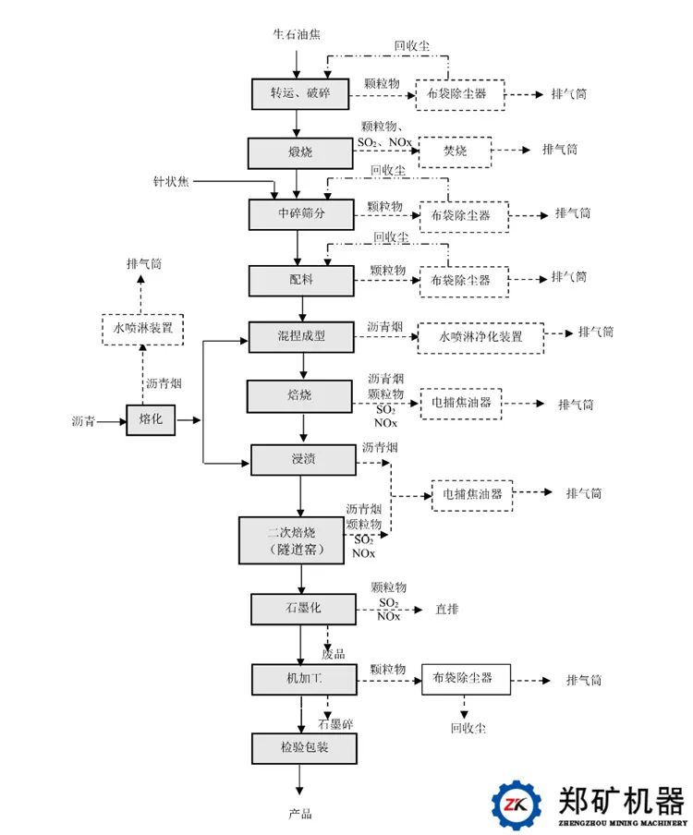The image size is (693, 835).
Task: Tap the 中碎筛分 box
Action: point(302,214)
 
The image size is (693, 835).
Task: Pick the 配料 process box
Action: point(300,280)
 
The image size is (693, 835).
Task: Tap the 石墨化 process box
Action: point(302,608)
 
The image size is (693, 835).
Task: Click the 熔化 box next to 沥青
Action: point(150,420)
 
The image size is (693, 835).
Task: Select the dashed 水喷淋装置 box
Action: point(142,329)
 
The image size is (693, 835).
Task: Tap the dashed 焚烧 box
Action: point(454,151)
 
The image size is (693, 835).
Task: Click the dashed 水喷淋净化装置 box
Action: point(480,337)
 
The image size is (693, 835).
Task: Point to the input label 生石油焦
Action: point(297,34)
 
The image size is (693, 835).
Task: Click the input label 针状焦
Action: point(170,180)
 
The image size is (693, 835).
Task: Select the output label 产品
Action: point(298,814)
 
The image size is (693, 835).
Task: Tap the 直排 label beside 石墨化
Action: point(447,610)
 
